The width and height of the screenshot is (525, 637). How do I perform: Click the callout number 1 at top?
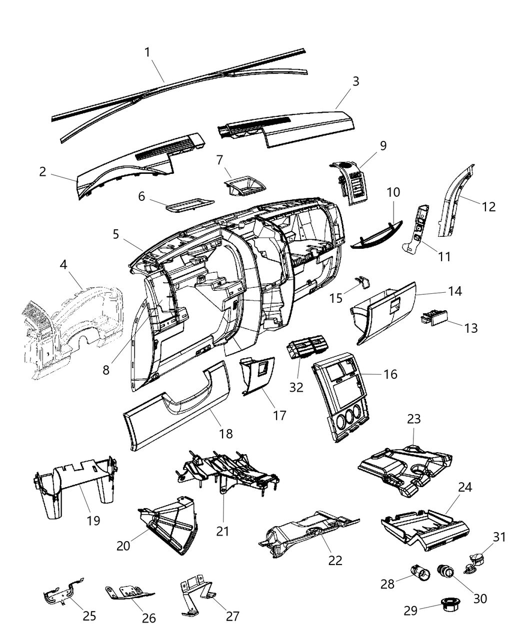click(147, 52)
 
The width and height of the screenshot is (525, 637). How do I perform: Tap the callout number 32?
click(296, 387)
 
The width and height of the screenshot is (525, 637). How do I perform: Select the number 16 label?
click(390, 374)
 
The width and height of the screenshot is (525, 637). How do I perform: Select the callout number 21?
click(222, 531)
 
